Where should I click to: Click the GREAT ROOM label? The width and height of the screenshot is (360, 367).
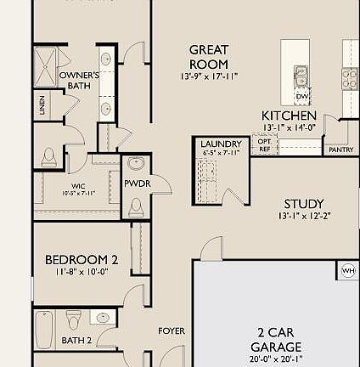coord(208,57)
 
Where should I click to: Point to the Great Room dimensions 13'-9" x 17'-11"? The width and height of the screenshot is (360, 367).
coord(209,76)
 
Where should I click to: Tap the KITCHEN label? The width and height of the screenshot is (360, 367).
coord(289,116)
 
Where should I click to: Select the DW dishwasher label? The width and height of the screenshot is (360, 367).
coord(302,96)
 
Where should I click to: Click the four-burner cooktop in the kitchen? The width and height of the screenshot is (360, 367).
coord(350,79)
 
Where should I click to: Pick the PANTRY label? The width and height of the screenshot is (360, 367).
coord(340,150)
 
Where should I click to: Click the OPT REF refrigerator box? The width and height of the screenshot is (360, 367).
coord(263,144)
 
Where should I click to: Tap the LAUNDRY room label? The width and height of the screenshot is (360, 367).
coord(221,144)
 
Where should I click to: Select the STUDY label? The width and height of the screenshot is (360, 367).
coord(303,203)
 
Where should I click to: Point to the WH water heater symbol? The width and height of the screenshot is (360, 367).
coord(348,271)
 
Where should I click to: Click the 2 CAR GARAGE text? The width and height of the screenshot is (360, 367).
coord(276,340)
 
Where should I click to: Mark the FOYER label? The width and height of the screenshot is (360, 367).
coord(172,330)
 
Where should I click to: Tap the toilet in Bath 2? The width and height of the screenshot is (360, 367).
coord(74,320)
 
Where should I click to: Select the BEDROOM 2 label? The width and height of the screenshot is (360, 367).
coord(82,259)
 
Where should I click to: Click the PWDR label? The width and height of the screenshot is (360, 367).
coord(137,183)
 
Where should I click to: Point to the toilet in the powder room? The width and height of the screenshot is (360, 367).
coord(136,206)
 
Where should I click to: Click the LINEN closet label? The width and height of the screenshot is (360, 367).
coord(42,106)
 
